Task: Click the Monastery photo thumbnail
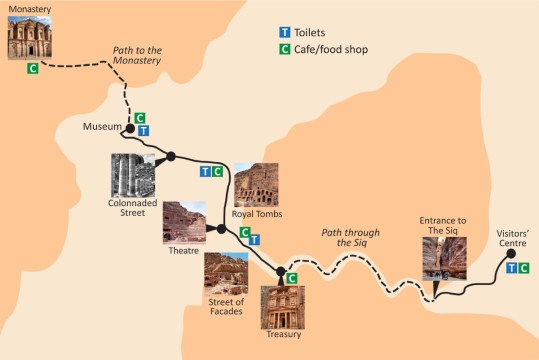pos(27,38)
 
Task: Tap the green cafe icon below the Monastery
pos(34,69)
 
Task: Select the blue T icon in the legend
pos(285,32)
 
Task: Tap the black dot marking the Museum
pos(129,129)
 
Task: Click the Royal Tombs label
pos(257,214)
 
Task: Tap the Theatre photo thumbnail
pos(184,222)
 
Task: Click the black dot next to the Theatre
pos(221,230)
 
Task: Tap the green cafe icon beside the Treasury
pos(292,278)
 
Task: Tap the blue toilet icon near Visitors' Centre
pos(511,268)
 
